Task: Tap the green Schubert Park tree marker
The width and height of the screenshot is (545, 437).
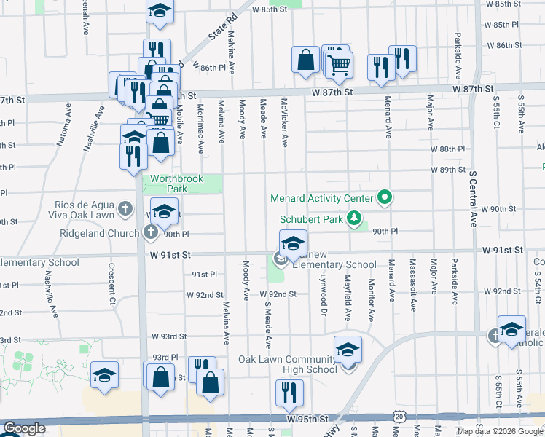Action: click(x=354, y=218)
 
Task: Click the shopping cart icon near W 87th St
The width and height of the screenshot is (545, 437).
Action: click(x=339, y=65)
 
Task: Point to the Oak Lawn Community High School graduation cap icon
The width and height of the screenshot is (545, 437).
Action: click(x=348, y=351)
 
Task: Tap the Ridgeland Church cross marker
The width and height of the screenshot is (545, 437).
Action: click(x=151, y=233)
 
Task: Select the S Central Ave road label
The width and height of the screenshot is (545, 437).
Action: click(x=473, y=199)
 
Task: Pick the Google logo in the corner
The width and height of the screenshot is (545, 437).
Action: click(x=23, y=429)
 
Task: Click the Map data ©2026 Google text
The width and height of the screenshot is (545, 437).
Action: click(x=500, y=431)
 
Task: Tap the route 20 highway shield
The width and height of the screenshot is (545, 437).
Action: click(x=399, y=415)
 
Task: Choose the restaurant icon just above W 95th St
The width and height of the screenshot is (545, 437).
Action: click(x=289, y=394)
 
